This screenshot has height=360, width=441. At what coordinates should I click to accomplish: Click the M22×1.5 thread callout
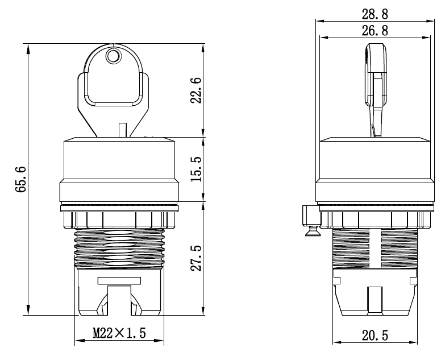click(x=119, y=333)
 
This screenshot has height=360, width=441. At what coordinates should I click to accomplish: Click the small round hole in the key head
click(x=113, y=56)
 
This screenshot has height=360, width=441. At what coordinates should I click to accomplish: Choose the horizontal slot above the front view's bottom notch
click(x=119, y=280)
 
